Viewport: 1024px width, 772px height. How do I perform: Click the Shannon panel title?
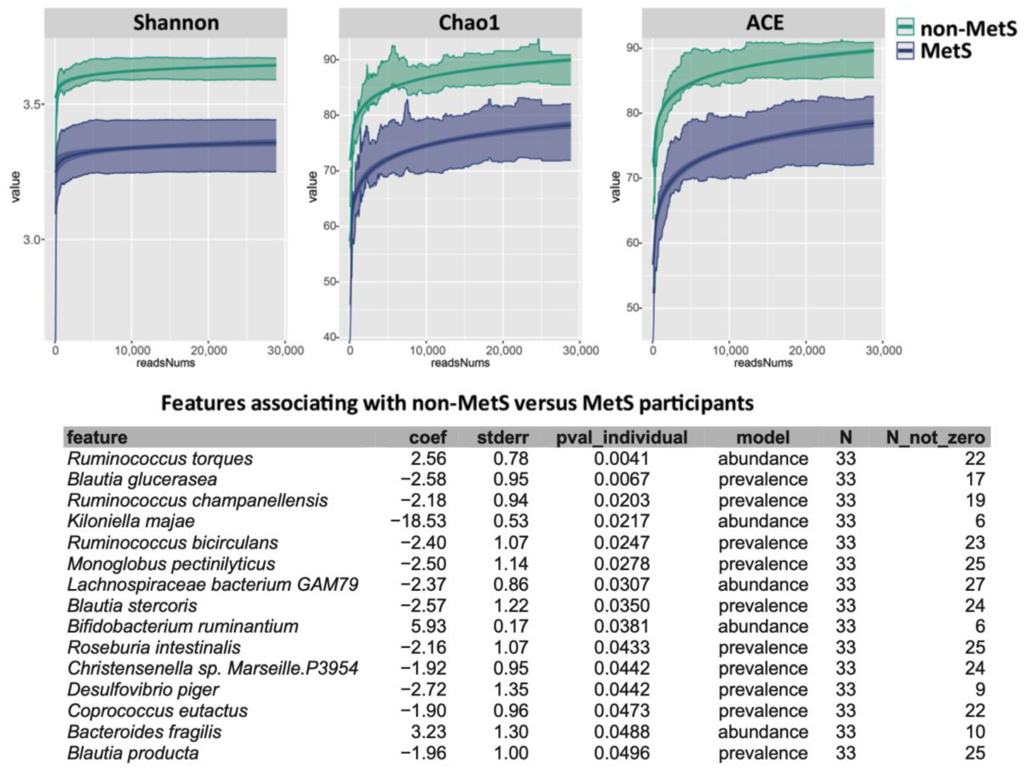point(176,23)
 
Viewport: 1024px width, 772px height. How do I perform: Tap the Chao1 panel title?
point(469,23)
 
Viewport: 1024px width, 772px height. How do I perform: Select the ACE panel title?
point(765,23)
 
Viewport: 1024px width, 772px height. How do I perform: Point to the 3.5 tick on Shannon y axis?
point(32,105)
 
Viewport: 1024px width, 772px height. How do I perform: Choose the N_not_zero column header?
point(935,437)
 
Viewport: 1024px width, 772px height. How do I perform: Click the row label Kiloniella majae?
point(131,521)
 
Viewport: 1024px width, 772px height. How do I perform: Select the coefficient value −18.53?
point(418,521)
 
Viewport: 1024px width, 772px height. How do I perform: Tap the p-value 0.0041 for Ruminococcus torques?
point(622,459)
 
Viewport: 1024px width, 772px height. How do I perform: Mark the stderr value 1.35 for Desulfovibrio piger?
point(511,690)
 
